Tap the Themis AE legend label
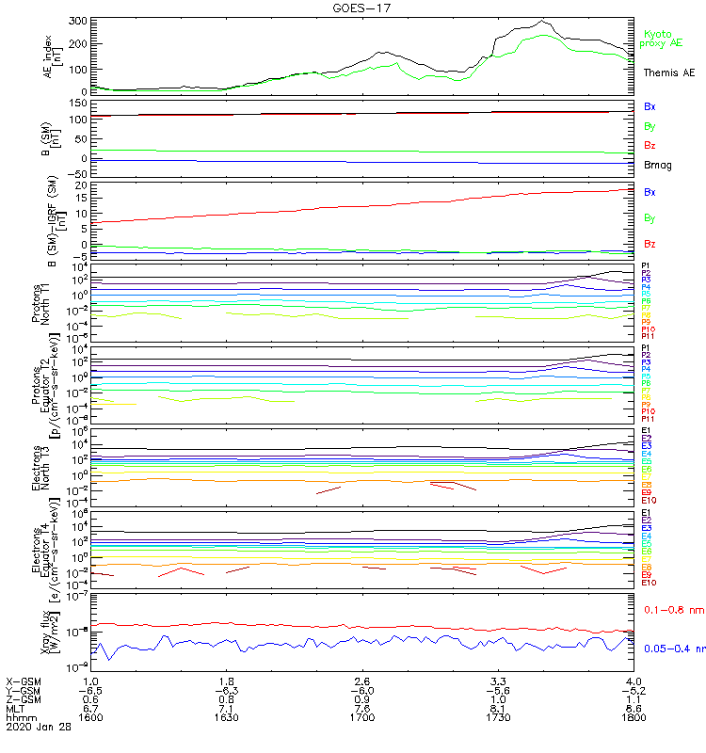(669, 72)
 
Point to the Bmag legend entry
(656, 165)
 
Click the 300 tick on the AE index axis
(78, 21)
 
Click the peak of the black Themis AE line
(541, 21)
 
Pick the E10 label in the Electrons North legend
(649, 500)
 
